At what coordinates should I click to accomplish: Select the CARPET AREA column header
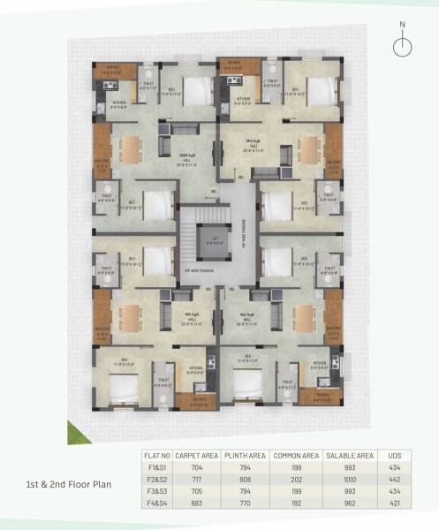pyautogui.click(x=195, y=456)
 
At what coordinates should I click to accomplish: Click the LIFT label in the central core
pyautogui.click(x=213, y=238)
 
